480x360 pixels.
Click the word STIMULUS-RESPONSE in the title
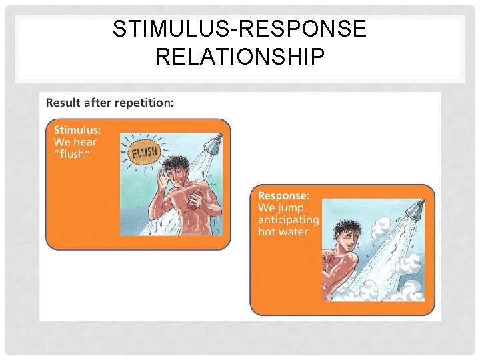point(239,30)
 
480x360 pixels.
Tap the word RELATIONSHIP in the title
point(239,56)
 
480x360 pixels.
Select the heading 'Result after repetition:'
point(110,103)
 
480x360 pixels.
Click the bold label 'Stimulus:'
point(77,130)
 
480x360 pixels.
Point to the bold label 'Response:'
point(283,196)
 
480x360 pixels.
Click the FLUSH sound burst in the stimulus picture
point(144,153)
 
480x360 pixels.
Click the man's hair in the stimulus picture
point(180,162)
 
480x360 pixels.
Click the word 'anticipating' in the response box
point(288,220)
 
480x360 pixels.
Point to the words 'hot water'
point(283,232)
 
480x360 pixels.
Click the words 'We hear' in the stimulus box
point(75,142)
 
